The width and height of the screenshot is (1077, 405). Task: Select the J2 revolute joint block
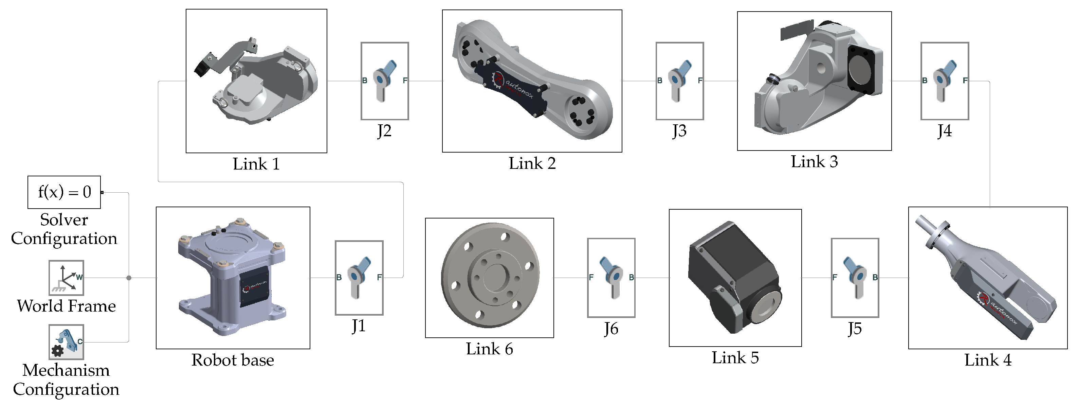tap(385, 81)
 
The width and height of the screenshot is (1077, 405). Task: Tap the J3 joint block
tap(679, 81)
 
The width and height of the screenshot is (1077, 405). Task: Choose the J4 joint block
tap(945, 81)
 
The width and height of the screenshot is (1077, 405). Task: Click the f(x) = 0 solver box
tap(64, 192)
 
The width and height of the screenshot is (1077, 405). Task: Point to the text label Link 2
tap(532, 163)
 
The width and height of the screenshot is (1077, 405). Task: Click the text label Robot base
tap(233, 360)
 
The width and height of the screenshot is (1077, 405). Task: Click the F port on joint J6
tap(591, 277)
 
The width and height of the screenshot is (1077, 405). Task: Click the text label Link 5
tap(735, 358)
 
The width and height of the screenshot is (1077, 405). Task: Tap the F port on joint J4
tap(965, 80)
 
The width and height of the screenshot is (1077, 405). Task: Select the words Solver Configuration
tap(64, 229)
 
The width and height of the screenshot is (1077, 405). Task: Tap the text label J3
tap(679, 131)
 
